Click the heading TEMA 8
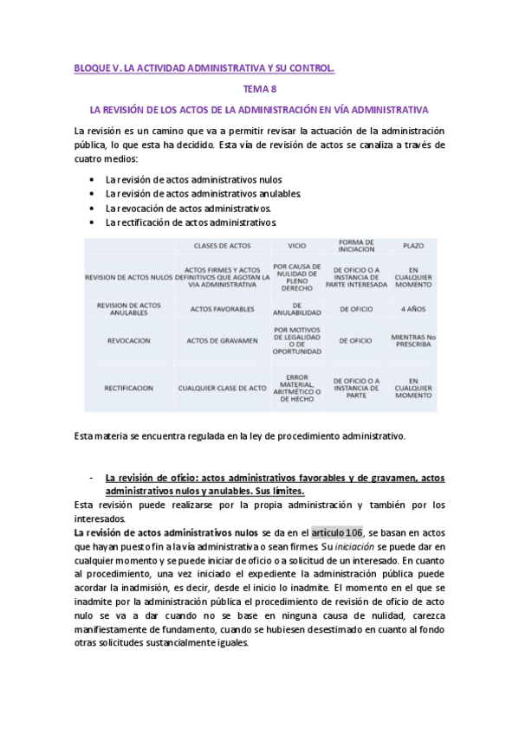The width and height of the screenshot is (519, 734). coord(259,88)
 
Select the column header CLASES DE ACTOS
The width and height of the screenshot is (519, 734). coord(223,246)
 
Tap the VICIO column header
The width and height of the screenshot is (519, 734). coord(296,246)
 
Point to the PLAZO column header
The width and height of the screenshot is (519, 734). coord(413,246)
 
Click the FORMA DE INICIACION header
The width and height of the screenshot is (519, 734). coord(356,246)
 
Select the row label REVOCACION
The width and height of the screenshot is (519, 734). coord(130,341)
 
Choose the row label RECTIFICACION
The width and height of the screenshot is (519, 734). coord(129,389)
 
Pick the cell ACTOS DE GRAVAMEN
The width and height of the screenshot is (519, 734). coord(222,341)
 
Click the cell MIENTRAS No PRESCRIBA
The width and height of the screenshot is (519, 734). coord(413,341)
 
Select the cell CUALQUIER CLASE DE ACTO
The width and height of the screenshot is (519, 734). coord(222,389)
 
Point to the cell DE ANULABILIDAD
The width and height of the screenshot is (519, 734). coord(296,309)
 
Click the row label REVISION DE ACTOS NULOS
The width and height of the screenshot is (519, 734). coord(129,277)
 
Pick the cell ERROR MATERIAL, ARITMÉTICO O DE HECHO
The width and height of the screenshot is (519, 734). coord(296,389)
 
